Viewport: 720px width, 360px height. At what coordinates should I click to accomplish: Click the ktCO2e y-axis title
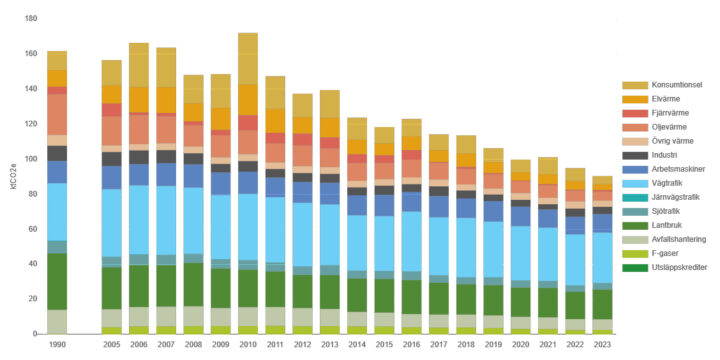[x=11, y=176]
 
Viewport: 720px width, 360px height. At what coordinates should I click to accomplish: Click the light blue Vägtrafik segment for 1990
[x=57, y=211]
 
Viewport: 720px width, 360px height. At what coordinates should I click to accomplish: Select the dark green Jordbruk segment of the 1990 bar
[x=57, y=281]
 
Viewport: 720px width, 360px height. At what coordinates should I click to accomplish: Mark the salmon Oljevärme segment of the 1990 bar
[x=57, y=114]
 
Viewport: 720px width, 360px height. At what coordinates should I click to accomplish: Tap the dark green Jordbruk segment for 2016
[x=411, y=296]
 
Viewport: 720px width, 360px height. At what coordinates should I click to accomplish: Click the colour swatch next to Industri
[x=631, y=155]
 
